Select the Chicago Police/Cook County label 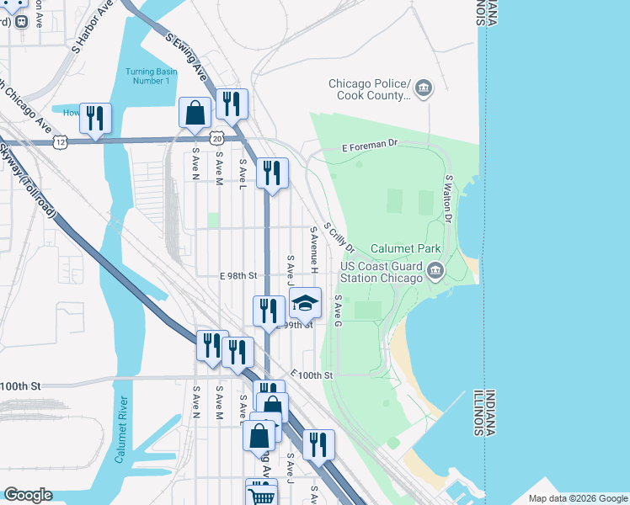369,89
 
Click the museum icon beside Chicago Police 424,87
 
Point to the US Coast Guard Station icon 435,270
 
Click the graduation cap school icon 306,302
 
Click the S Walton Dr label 449,199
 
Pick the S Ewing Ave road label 186,56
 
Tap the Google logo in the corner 28,495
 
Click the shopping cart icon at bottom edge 261,493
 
